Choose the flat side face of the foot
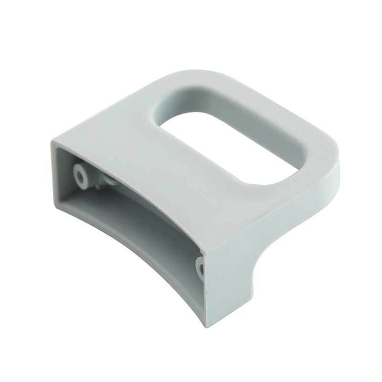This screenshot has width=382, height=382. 239,285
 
